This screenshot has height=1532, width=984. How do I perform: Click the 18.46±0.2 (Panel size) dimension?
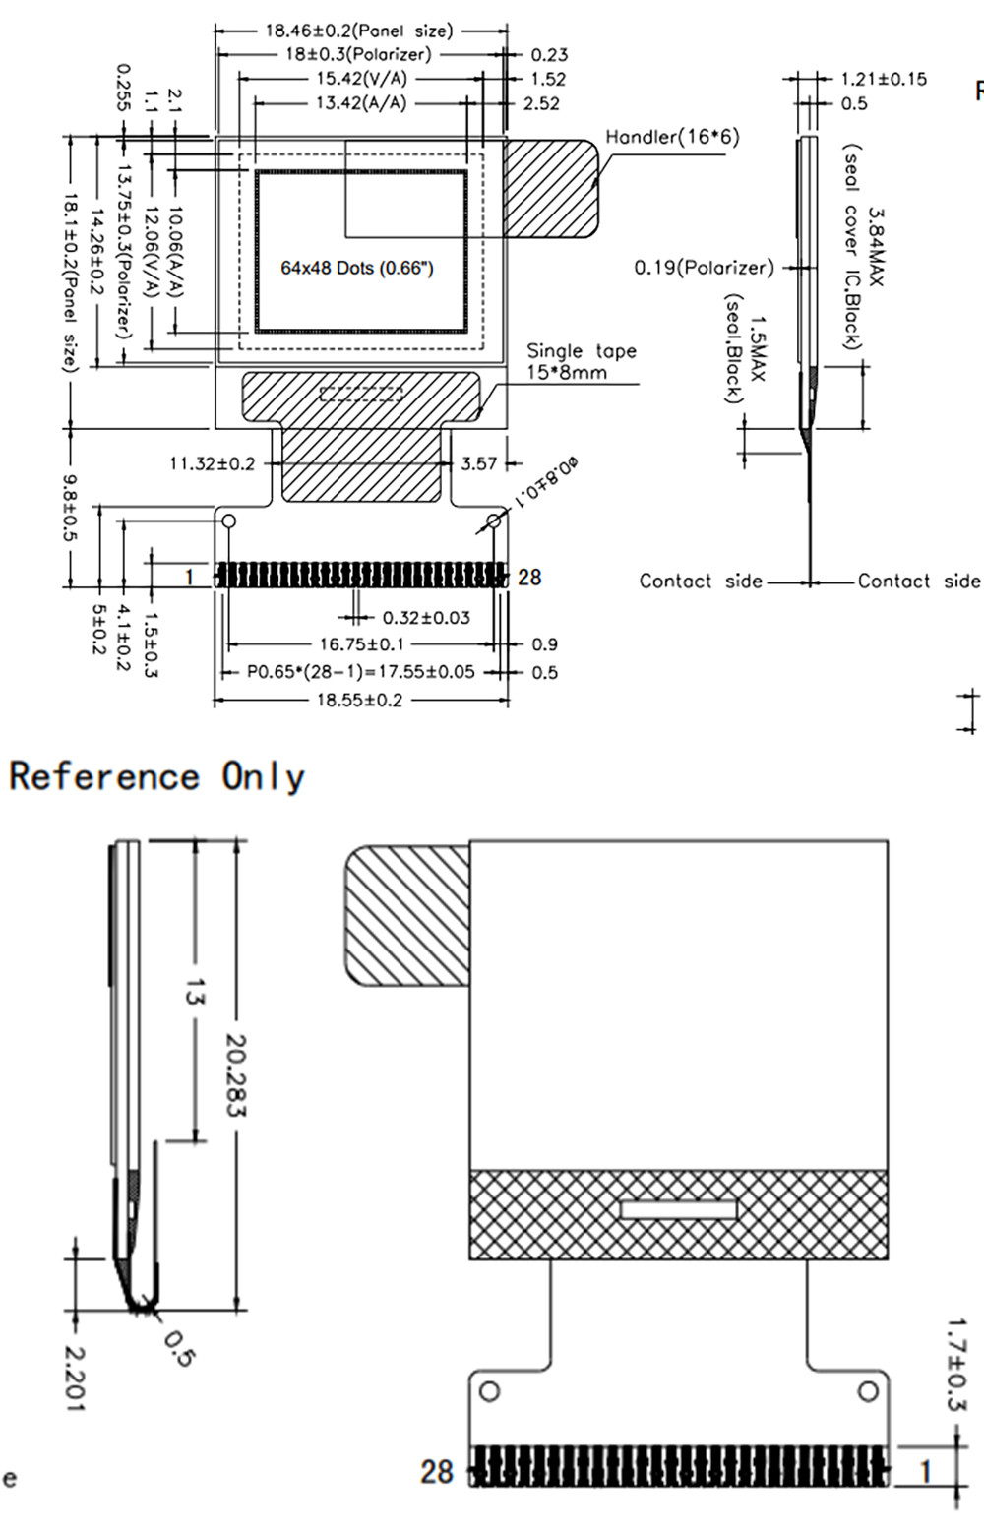click(x=359, y=31)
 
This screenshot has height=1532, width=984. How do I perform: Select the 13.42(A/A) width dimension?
click(x=360, y=103)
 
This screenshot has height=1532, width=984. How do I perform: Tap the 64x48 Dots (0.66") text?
click(x=357, y=268)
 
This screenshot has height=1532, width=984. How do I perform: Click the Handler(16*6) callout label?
click(x=672, y=137)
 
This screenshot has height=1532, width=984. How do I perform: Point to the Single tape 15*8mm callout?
click(x=581, y=361)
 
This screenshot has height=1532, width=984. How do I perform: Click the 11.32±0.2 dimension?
click(x=212, y=463)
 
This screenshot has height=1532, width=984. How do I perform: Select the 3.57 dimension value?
click(x=479, y=463)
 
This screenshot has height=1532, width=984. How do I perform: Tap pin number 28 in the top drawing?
click(x=529, y=578)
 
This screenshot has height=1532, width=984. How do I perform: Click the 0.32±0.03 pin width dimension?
click(x=426, y=618)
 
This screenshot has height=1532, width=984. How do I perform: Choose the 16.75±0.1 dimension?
click(x=361, y=644)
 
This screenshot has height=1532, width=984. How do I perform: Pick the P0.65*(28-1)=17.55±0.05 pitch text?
click(x=361, y=672)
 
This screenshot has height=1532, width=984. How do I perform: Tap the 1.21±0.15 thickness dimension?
click(x=884, y=79)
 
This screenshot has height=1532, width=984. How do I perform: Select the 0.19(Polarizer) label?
click(x=704, y=268)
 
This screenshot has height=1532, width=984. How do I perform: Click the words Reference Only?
click(x=157, y=776)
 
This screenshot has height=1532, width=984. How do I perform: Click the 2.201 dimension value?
click(x=73, y=1378)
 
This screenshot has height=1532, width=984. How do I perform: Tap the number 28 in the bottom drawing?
click(x=437, y=1471)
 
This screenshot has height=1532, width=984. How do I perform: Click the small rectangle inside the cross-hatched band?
click(x=679, y=1208)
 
